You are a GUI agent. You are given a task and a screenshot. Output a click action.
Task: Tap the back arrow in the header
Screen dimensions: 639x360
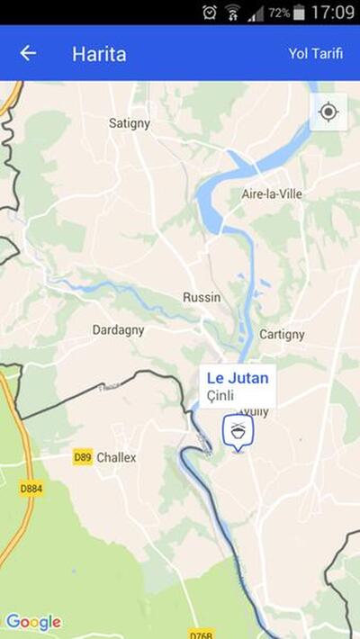click(x=28, y=53)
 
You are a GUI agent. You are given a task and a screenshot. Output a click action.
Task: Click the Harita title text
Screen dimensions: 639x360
click(x=99, y=53)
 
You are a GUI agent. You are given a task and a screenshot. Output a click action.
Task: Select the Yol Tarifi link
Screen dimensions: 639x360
click(x=315, y=53)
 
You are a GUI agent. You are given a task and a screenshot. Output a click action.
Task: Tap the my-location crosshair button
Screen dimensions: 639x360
click(x=328, y=112)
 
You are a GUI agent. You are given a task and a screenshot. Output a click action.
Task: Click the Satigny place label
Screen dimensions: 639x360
click(x=130, y=122)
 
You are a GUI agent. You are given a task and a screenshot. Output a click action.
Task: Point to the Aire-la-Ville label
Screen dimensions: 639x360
click(x=272, y=193)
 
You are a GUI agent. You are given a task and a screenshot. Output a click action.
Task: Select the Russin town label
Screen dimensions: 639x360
click(x=202, y=297)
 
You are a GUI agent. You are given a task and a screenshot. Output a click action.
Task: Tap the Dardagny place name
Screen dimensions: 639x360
click(x=118, y=330)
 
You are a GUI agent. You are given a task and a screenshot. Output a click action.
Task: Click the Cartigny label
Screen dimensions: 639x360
click(x=282, y=334)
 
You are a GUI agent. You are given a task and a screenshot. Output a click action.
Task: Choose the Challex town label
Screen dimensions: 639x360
click(x=116, y=457)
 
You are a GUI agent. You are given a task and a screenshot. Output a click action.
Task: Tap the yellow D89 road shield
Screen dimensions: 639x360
click(x=83, y=457)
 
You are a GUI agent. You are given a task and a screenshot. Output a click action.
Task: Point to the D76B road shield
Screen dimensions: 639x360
click(x=201, y=633)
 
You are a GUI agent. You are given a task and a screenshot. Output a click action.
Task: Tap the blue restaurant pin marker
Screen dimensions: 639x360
click(x=238, y=432)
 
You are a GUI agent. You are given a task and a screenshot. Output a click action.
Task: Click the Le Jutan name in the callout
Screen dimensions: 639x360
click(x=238, y=378)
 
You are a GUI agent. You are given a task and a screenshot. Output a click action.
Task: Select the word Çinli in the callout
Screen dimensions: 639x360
click(x=220, y=395)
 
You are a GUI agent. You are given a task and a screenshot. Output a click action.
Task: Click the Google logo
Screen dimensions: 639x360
click(x=33, y=622)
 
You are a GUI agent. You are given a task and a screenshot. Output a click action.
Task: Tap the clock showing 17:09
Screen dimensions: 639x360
click(x=333, y=13)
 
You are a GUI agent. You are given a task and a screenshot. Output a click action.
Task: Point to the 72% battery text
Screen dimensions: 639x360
click(x=278, y=13)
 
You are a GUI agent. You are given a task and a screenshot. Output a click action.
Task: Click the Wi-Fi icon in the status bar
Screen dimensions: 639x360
click(x=233, y=13)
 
